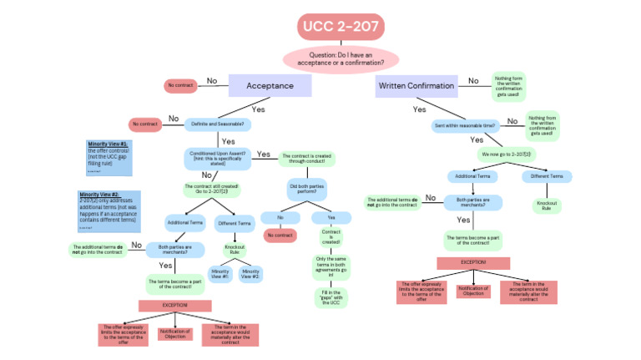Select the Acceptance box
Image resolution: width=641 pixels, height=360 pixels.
pos(269,85)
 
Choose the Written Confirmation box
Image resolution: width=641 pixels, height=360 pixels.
pos(416,85)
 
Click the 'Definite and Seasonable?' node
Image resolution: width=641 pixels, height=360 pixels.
pos(218,124)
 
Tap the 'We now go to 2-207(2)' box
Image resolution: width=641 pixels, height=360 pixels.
pos(505,154)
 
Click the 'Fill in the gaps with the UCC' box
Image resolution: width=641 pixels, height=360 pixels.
pos(330,297)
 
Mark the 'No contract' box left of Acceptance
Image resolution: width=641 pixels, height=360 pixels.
pos(180,85)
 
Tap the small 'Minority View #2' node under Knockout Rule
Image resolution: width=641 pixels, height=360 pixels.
pos(250,273)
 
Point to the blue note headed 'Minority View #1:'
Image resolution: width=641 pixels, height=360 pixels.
pos(109,158)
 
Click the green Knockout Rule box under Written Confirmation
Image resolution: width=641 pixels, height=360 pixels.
pos(546,205)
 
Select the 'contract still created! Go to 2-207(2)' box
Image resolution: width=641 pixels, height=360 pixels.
pos(211,190)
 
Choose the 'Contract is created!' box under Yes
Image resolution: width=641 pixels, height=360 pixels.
pos(330,238)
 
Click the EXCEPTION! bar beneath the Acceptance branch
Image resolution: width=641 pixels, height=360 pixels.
pos(175,307)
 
